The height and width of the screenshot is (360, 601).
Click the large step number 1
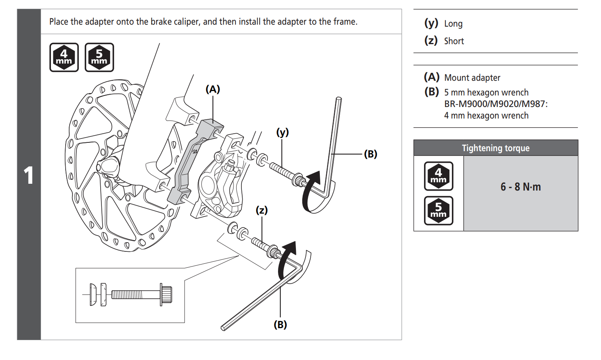[x=28, y=175]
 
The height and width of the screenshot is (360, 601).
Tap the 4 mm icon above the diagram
[x=64, y=57]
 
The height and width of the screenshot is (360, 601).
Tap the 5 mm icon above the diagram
[x=99, y=57]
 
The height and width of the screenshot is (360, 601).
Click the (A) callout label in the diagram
[x=213, y=89]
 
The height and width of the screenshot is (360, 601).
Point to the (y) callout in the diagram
[x=282, y=132]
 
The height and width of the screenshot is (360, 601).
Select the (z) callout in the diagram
[x=261, y=210]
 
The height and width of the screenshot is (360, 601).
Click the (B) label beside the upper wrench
[x=370, y=154]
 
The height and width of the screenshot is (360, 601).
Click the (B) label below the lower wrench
[x=280, y=325]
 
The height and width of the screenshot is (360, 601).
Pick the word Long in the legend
[x=453, y=24]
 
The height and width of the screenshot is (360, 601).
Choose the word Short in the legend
[x=454, y=41]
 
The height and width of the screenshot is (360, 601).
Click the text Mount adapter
[x=472, y=78]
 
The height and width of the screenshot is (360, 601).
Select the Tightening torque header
[x=496, y=148]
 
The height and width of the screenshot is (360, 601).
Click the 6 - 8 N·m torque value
[x=520, y=187]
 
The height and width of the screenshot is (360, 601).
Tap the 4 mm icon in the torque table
[x=438, y=176]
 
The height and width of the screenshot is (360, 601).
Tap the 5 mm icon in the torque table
[x=438, y=210]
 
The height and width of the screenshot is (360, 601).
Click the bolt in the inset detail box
[x=141, y=295]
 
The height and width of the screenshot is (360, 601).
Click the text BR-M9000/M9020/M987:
[x=496, y=104]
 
